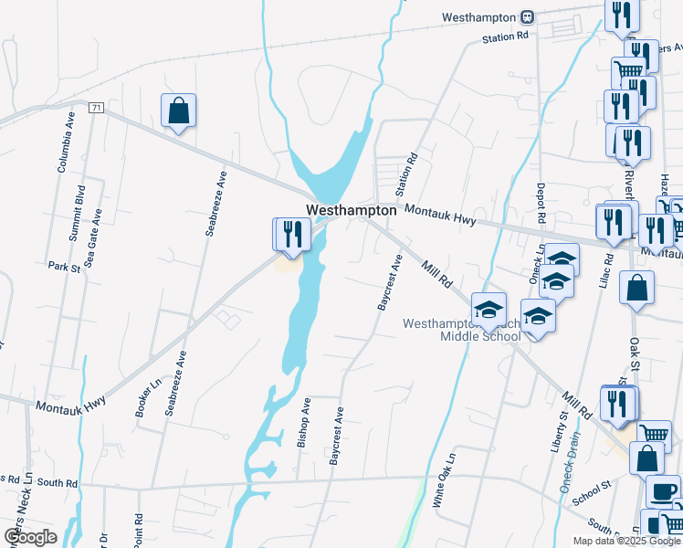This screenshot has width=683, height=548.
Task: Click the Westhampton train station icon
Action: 527,17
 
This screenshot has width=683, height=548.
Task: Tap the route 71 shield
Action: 96,108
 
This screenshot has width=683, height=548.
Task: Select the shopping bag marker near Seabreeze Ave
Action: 179,111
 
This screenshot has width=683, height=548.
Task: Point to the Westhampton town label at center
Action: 352,210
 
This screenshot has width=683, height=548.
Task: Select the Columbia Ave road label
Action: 66,143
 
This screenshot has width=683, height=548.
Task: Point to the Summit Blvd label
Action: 79,213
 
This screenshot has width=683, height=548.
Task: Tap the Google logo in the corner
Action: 30,536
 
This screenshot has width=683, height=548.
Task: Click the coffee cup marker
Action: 662,491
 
